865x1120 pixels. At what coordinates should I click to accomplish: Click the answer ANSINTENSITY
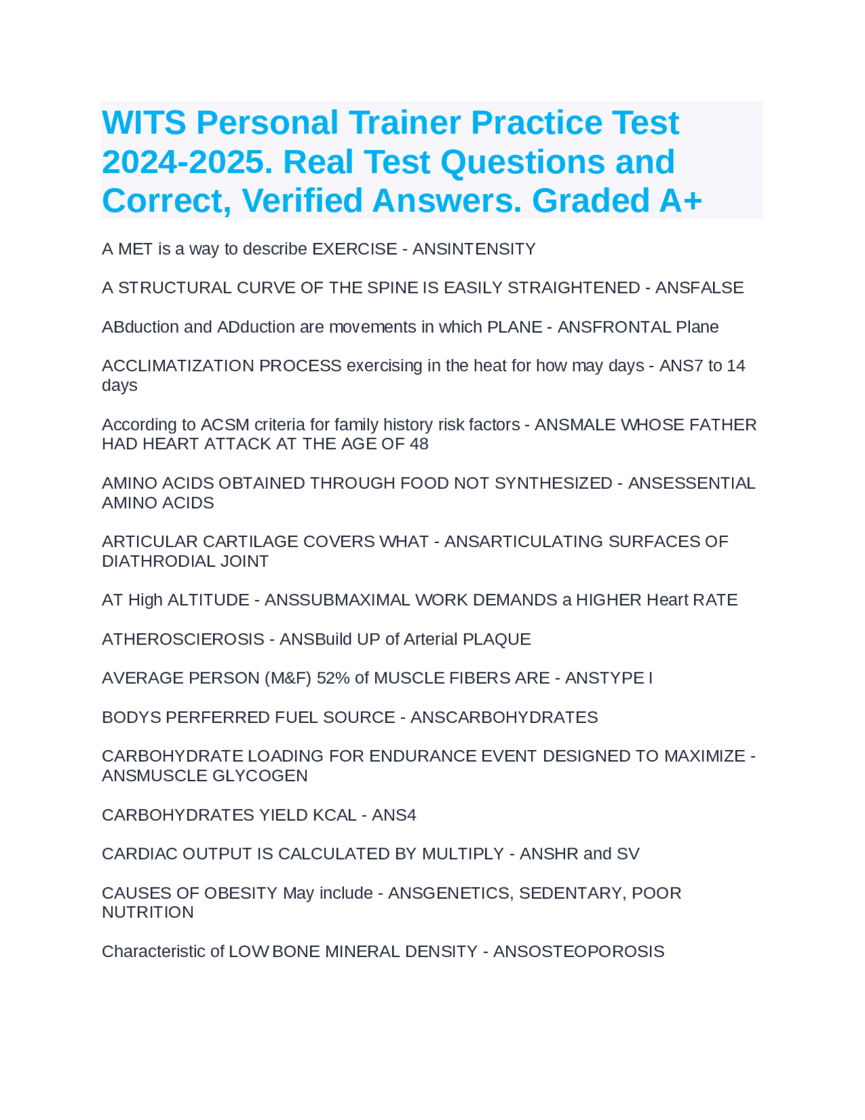474,250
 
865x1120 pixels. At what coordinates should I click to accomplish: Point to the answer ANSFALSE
699,288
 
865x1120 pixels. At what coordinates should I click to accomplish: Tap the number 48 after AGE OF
418,444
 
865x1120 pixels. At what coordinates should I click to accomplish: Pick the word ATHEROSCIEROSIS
182,639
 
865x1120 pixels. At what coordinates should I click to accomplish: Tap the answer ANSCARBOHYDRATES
504,718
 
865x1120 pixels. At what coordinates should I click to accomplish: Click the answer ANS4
394,815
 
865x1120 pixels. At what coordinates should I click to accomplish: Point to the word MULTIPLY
463,854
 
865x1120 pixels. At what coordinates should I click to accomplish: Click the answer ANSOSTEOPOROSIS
578,952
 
